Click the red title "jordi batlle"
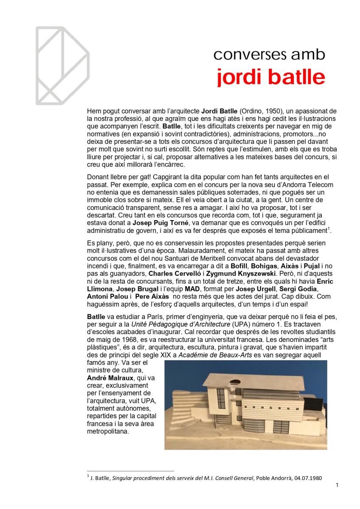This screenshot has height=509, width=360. pos(271,78)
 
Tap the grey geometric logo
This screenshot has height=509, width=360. pos(62,65)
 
